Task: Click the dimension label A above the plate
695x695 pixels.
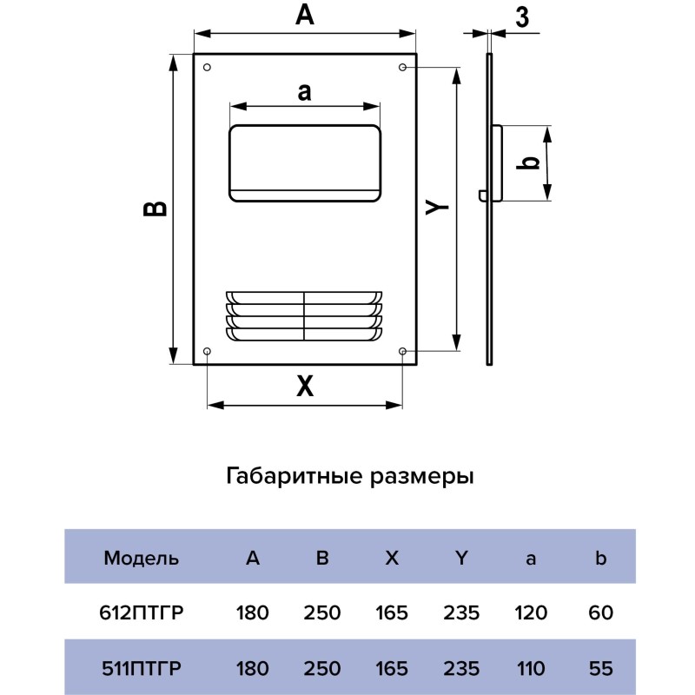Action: [x=303, y=15]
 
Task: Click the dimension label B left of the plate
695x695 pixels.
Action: [x=155, y=208]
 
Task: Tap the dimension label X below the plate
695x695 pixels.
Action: [x=303, y=387]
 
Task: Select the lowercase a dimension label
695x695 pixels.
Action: [x=303, y=91]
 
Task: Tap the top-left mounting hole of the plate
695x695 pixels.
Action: [x=207, y=68]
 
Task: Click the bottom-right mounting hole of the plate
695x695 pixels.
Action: [x=403, y=350]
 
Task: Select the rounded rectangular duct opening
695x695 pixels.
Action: [x=304, y=162]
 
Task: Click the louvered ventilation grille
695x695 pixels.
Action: [x=304, y=315]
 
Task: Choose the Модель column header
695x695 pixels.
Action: [x=142, y=559]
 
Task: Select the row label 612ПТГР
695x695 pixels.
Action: [x=142, y=613]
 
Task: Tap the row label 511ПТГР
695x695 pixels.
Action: [x=142, y=669]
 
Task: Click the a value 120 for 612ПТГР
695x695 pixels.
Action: [x=530, y=613]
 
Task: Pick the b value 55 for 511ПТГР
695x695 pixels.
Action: [x=599, y=669]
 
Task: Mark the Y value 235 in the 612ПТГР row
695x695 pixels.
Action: [x=460, y=613]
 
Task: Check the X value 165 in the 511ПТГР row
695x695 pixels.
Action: [x=391, y=669]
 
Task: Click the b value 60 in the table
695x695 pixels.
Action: [x=599, y=613]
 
